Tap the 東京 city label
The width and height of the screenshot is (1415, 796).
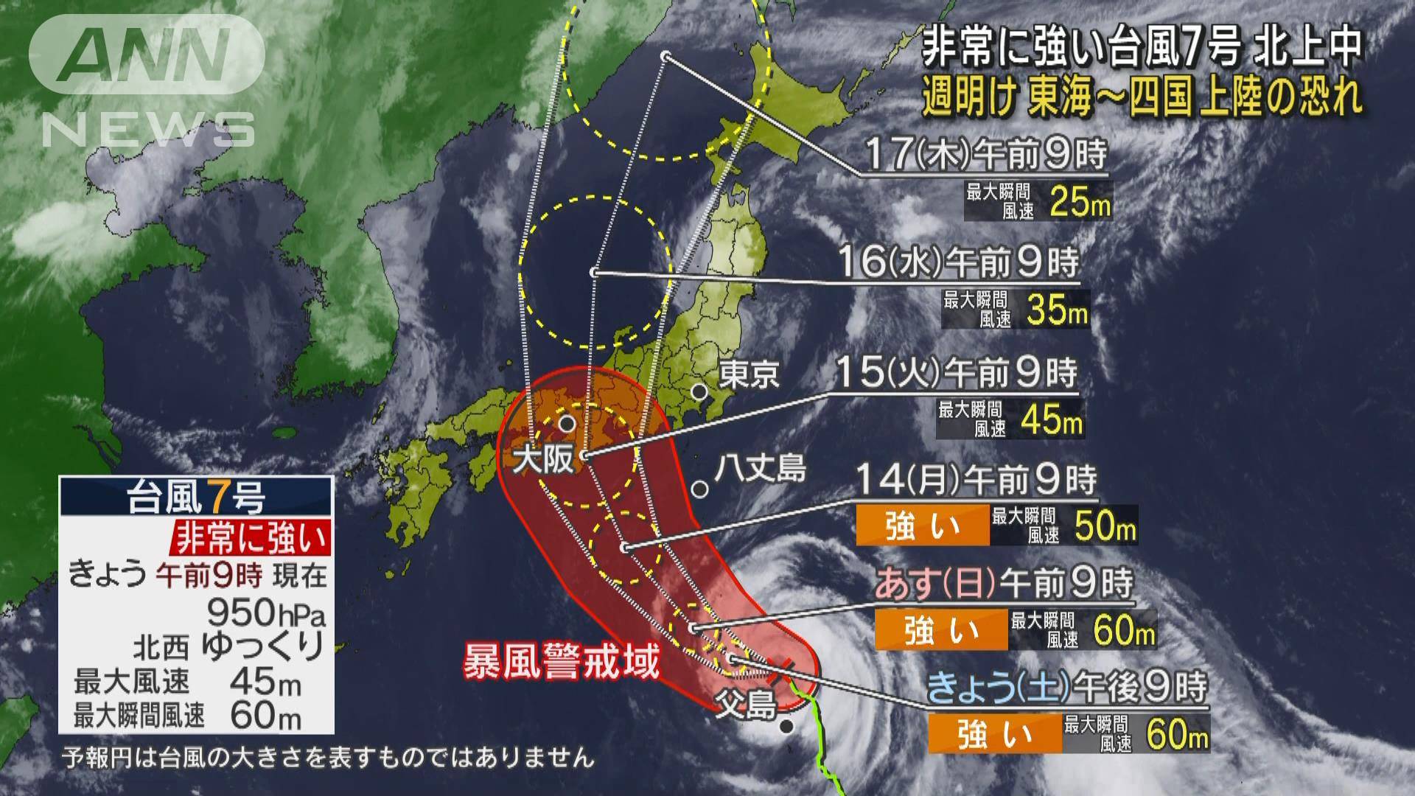coord(749,374)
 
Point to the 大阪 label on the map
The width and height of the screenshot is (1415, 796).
coord(544,461)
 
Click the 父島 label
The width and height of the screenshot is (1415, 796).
coord(747,705)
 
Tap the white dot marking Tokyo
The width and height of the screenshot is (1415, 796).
coord(699,391)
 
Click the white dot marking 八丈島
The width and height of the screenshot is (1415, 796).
coord(701,489)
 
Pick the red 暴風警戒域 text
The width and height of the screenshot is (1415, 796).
coord(560,662)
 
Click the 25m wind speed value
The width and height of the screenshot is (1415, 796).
coord(1080,200)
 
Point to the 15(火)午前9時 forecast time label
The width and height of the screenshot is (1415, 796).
coord(956,374)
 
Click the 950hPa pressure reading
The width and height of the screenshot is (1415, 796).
coord(266,612)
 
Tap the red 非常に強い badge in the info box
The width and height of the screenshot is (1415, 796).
coord(251,539)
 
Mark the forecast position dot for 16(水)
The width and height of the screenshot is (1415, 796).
coord(594,273)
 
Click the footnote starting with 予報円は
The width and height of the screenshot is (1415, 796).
coord(328,758)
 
